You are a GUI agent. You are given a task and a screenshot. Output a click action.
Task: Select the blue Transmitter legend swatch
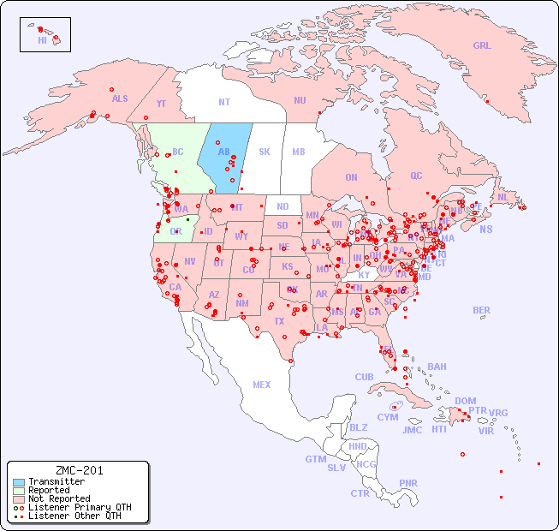pyautogui.click(x=18, y=481)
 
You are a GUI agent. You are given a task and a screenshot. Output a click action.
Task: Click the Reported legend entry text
pyautogui.click(x=49, y=490)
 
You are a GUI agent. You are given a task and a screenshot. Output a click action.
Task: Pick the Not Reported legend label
pyautogui.click(x=58, y=498)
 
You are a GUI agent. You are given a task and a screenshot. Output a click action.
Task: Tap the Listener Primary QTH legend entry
pyautogui.click(x=79, y=507)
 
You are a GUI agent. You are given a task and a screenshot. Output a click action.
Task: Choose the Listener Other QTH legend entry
pyautogui.click(x=74, y=516)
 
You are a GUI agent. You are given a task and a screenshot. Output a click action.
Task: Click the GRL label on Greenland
pyautogui.click(x=482, y=46)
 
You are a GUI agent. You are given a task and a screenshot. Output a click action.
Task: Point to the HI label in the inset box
pyautogui.click(x=42, y=40)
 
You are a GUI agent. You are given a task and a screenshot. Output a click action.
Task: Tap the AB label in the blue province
pyautogui.click(x=223, y=152)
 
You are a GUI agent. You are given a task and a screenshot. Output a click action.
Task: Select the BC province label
pyautogui.click(x=178, y=152)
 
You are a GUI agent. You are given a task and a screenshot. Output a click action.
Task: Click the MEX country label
pyautogui.click(x=262, y=385)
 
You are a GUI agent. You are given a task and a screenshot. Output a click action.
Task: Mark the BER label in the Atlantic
pyautogui.click(x=482, y=310)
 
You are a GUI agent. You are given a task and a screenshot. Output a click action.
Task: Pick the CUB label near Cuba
pyautogui.click(x=365, y=377)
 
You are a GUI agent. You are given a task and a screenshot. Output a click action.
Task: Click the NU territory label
pyautogui.click(x=300, y=100)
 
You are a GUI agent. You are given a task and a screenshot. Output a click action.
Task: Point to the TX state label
pyautogui.click(x=278, y=322)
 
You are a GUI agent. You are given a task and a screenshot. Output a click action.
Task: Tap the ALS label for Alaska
pyautogui.click(x=120, y=98)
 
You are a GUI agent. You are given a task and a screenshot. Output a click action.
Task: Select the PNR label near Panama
pyautogui.click(x=408, y=483)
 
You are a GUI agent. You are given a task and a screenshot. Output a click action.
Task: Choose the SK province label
pyautogui.click(x=265, y=152)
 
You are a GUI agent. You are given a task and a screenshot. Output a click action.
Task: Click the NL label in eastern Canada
pyautogui.click(x=503, y=197)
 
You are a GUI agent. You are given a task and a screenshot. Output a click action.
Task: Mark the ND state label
pyautogui.click(x=282, y=206)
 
